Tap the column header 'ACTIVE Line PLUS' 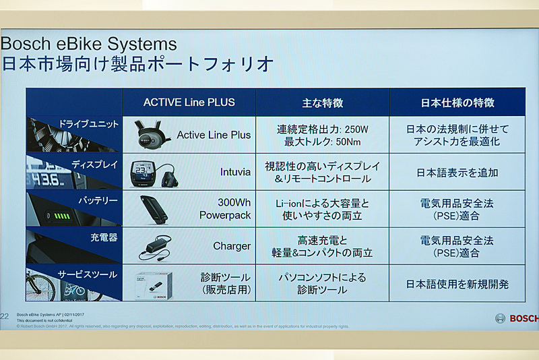click(x=189, y=102)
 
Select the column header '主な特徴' click(x=322, y=103)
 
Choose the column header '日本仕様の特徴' click(x=457, y=103)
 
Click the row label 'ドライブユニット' click(x=88, y=125)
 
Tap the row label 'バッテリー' click(x=97, y=201)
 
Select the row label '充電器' click(x=104, y=238)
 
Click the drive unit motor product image click(x=152, y=134)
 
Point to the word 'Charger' click(x=232, y=246)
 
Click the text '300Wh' click(x=234, y=202)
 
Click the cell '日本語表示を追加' click(x=457, y=172)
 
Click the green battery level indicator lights click(x=62, y=216)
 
